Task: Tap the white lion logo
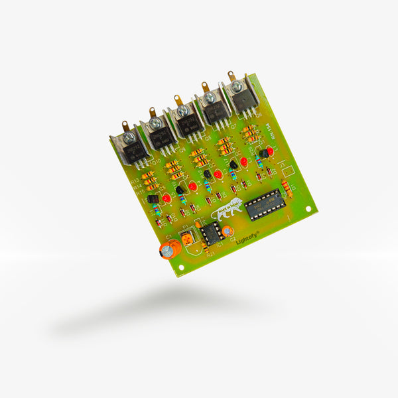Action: (x=227, y=210)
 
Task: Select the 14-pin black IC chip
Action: (x=265, y=204)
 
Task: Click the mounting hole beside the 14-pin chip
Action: (x=308, y=208)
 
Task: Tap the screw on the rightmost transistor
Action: (x=237, y=86)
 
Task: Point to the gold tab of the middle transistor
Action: (x=178, y=99)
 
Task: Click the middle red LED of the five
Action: (x=218, y=174)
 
